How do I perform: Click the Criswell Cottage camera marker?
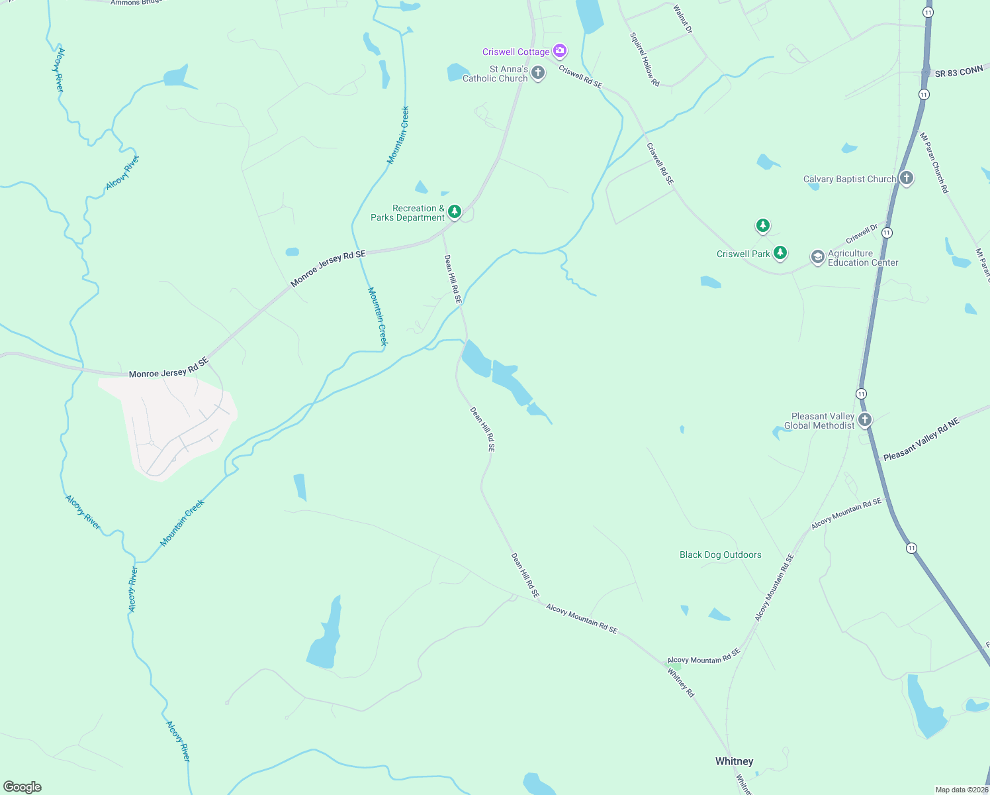560,50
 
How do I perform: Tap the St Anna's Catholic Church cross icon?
538,72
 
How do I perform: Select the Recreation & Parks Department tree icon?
455,211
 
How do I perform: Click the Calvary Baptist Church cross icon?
907,178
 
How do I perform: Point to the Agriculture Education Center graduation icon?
818,256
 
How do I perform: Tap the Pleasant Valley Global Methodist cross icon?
864,419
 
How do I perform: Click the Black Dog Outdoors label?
720,555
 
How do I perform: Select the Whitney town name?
734,761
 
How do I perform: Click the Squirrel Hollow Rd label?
645,60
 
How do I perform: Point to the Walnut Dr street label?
683,19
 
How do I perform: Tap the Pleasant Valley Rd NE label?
921,440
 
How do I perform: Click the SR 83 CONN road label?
959,72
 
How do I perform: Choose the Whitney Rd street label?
681,682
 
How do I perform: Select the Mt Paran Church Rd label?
934,163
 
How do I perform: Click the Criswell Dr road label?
862,234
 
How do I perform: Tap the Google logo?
22,787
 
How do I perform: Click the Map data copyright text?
962,790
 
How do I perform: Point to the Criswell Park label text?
743,254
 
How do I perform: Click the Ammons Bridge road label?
136,3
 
